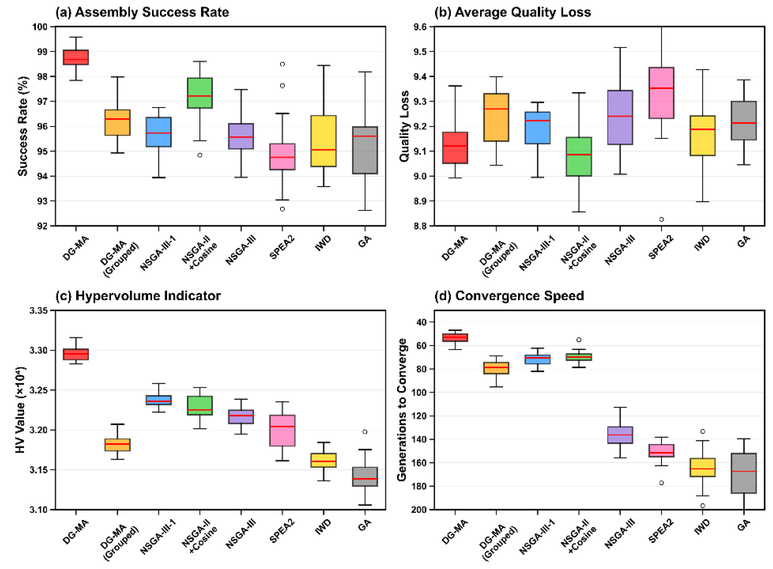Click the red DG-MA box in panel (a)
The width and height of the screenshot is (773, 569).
pos(76,57)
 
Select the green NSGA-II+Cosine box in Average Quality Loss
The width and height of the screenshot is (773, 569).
pos(579,157)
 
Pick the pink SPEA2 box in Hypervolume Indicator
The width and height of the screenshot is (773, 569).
pos(282,431)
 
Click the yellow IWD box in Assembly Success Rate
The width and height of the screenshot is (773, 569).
pos(323,141)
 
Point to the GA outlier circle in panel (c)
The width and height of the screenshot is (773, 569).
pos(365,431)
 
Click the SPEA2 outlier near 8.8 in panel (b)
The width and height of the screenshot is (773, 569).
pos(661,219)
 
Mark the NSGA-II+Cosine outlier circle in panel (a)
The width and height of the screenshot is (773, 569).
pos(199,155)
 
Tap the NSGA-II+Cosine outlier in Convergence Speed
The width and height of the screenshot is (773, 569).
pos(579,340)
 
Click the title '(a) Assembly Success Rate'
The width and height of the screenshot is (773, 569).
pos(142,12)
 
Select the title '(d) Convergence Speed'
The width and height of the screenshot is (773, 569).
pos(509,296)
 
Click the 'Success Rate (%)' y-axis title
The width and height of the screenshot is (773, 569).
pos(23,126)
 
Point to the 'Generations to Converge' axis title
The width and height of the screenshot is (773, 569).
pos(402,410)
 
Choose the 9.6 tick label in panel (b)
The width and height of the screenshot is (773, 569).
pos(419,27)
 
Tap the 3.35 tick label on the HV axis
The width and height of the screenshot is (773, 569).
pos(38,311)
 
